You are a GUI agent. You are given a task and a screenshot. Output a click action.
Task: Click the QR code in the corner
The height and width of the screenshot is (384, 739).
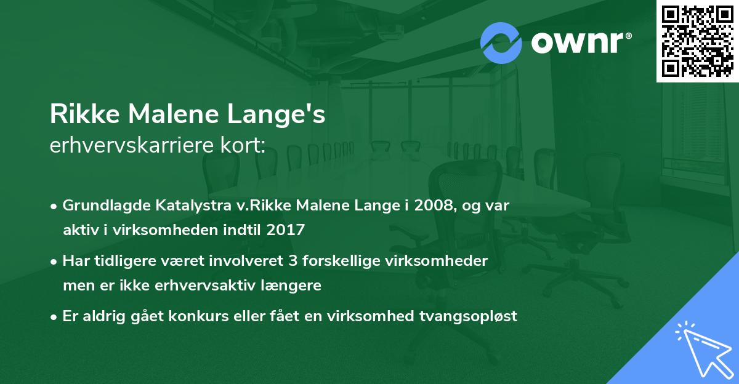click(x=698, y=41)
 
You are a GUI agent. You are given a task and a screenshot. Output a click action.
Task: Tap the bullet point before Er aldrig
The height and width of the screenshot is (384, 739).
click(x=55, y=317)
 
